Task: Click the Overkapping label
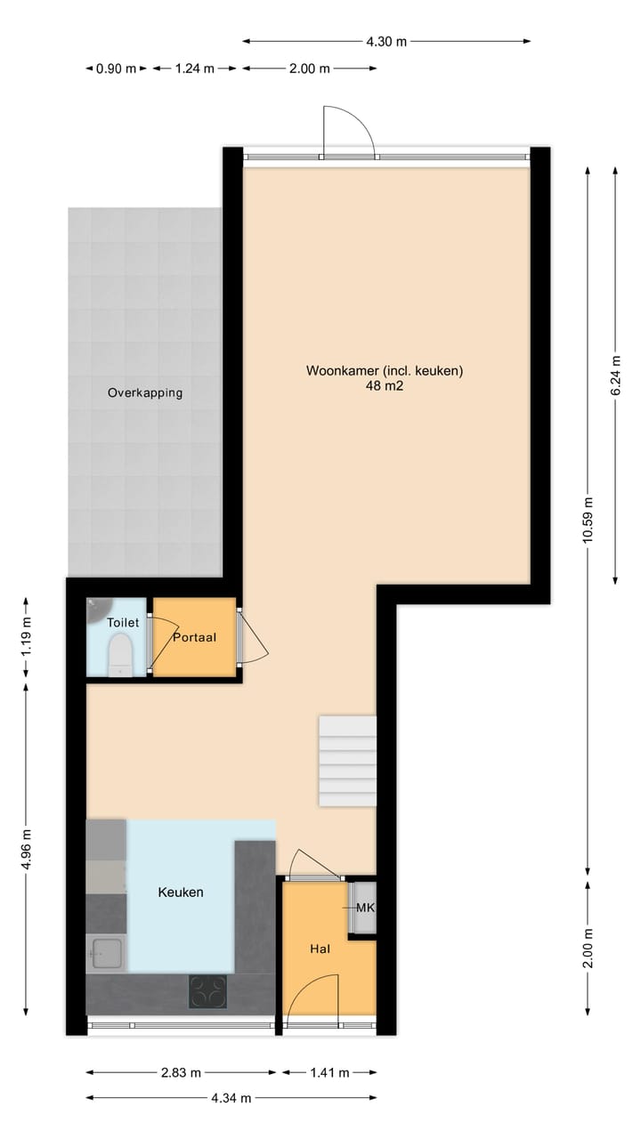click(145, 392)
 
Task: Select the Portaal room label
click(195, 637)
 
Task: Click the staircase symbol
click(347, 761)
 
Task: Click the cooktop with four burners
click(207, 991)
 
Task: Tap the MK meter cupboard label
click(365, 908)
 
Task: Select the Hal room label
click(320, 949)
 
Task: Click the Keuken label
click(181, 892)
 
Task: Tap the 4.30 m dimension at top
click(386, 41)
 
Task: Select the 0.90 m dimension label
click(116, 69)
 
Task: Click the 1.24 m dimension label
click(194, 69)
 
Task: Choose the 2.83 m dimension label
click(181, 1072)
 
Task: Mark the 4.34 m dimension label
click(231, 1098)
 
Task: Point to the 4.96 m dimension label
click(26, 851)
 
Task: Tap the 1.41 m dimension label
click(329, 1072)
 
